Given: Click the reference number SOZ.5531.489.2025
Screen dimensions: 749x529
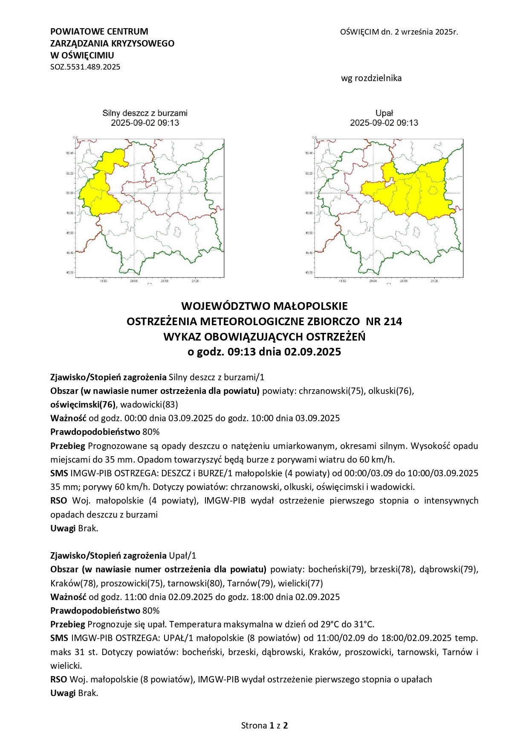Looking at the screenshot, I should point(85,67).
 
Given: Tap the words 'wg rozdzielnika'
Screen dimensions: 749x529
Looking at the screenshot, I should point(371,78).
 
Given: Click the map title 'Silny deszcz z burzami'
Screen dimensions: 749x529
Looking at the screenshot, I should point(145,113).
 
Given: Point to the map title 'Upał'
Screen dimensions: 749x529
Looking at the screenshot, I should point(384,113).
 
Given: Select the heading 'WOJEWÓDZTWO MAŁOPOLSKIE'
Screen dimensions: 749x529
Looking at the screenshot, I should point(264,306).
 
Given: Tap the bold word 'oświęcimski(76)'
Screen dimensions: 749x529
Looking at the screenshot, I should point(83,405).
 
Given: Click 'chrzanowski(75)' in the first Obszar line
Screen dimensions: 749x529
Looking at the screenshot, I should point(332,391).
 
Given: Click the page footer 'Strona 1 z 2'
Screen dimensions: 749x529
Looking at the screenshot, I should point(264,726).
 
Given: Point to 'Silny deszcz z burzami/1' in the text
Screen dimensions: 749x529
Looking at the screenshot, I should point(217,377).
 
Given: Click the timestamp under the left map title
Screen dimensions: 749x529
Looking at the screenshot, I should point(145,123).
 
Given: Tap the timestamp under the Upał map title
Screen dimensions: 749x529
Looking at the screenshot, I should point(384,123).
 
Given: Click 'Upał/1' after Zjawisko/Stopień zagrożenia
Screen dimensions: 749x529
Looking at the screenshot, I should point(182,556).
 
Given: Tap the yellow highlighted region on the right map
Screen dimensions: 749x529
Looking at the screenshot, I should point(418,192).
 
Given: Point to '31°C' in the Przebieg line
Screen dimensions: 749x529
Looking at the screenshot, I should point(363,624).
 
